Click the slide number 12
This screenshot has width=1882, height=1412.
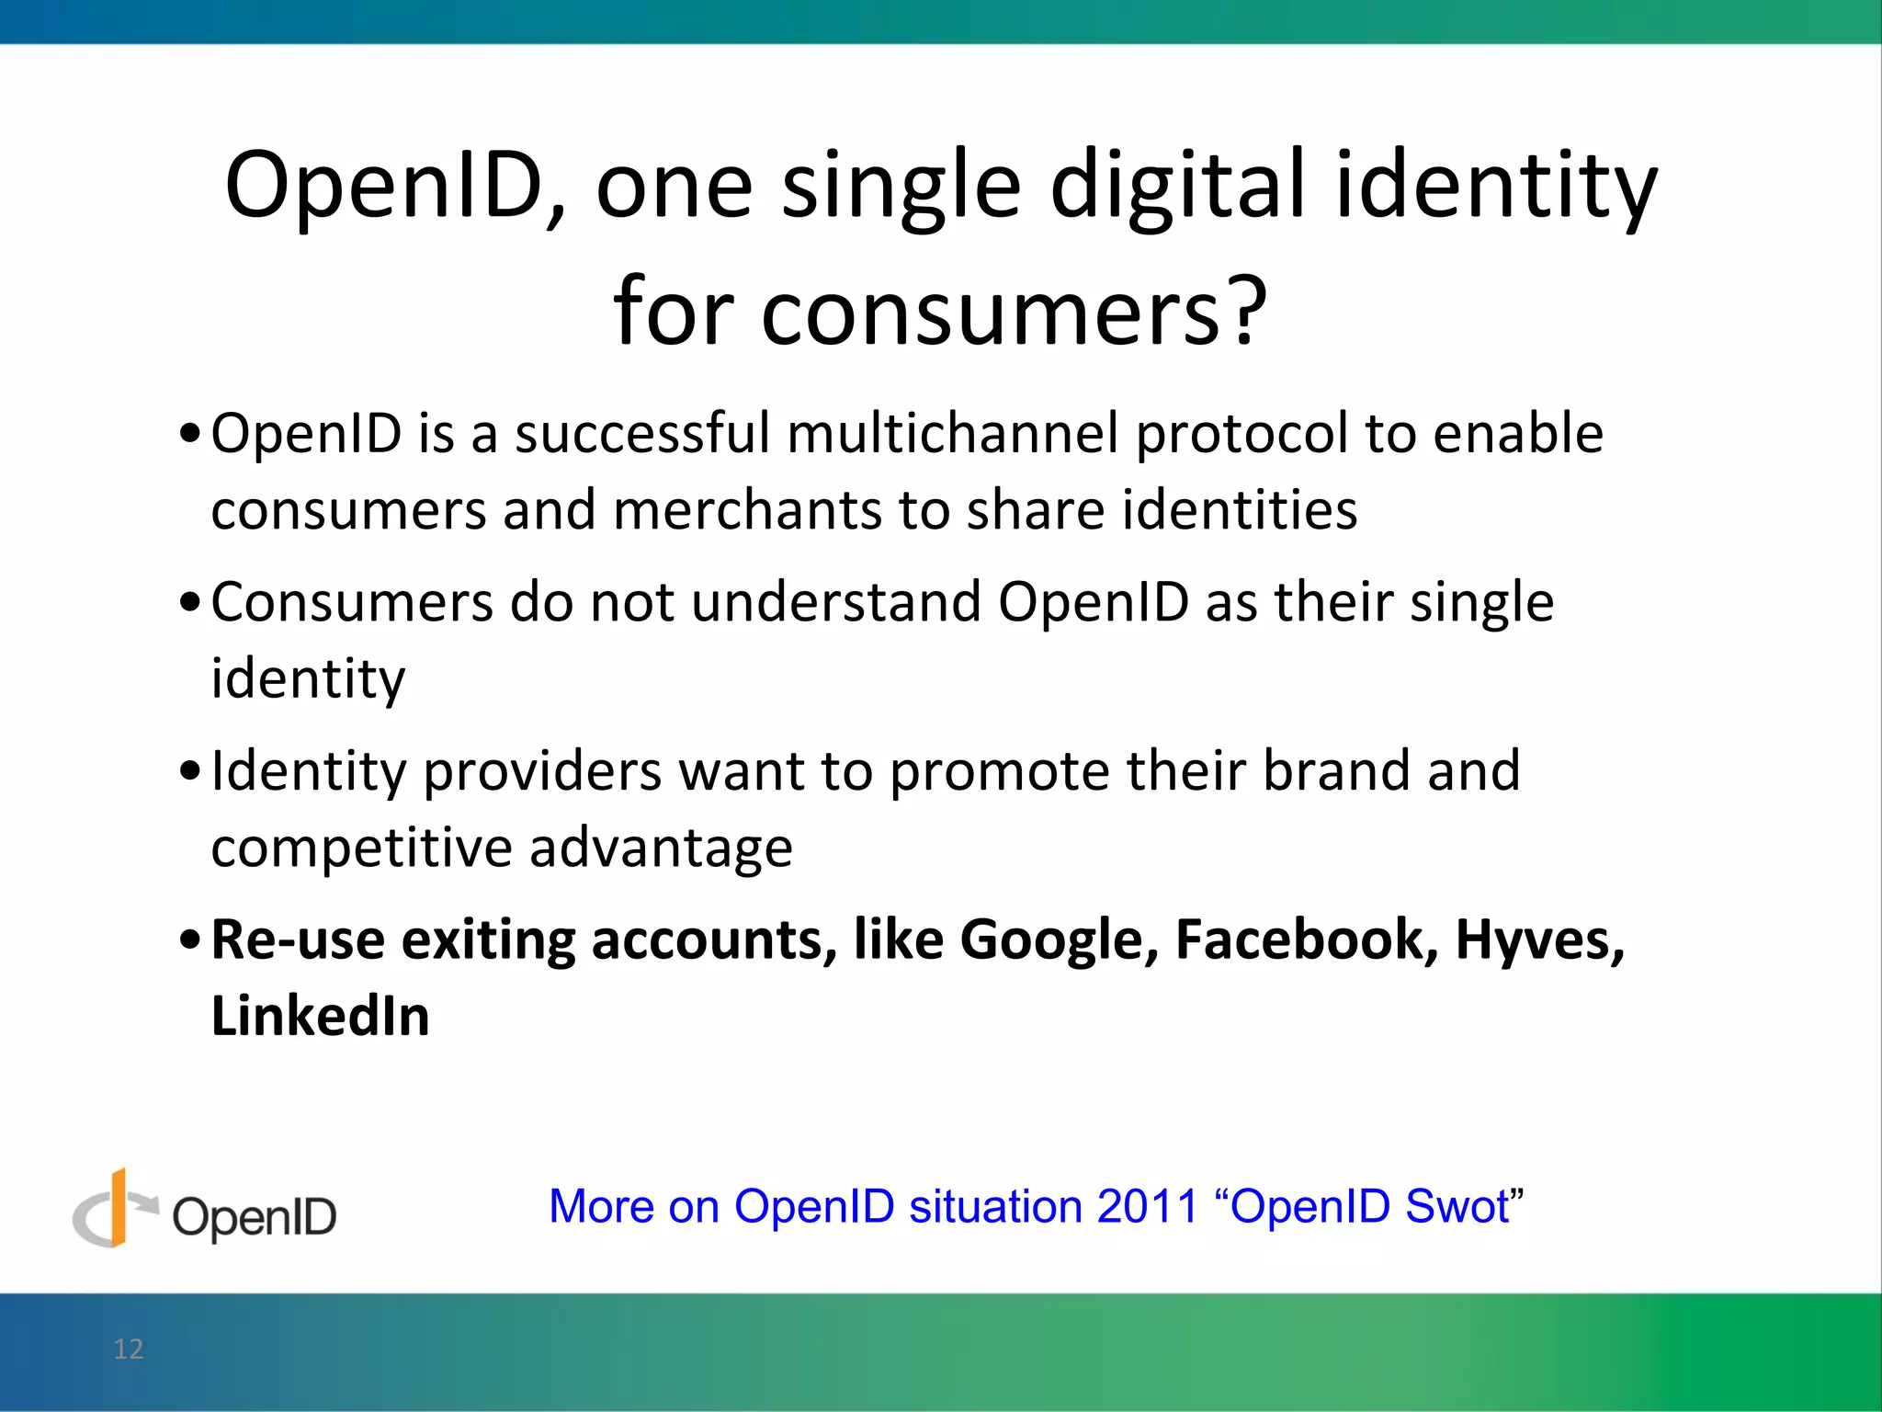[129, 1349]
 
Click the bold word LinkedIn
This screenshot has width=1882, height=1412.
[320, 1017]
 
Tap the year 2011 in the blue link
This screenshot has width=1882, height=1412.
[1147, 1206]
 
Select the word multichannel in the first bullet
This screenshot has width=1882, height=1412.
[952, 433]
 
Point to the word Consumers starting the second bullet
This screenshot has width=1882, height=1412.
[352, 602]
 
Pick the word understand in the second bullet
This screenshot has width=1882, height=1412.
[836, 602]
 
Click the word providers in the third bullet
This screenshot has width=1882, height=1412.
[542, 770]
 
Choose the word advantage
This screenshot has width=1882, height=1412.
[661, 848]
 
